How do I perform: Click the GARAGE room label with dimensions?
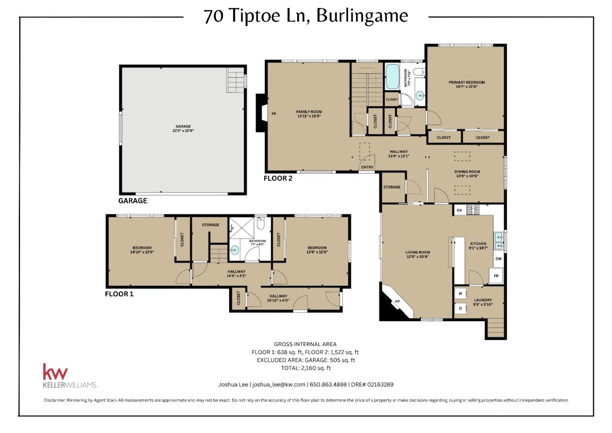click(x=183, y=128)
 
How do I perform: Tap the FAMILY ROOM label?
click(x=309, y=114)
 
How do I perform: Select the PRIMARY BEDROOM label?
click(x=467, y=84)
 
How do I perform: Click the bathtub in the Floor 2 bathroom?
click(x=392, y=77)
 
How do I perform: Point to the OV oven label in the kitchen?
click(x=459, y=211)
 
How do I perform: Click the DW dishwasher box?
click(x=498, y=259)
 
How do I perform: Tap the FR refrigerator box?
click(x=496, y=276)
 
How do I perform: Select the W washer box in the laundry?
click(x=460, y=293)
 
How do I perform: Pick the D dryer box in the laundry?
click(x=460, y=308)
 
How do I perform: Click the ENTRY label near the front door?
click(x=367, y=167)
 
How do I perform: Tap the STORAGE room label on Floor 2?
click(x=391, y=187)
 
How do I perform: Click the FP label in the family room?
click(x=274, y=114)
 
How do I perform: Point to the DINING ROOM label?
click(x=467, y=174)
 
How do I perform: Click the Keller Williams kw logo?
click(x=55, y=372)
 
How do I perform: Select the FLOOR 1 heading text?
click(x=119, y=294)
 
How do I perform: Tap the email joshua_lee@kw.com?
click(x=279, y=385)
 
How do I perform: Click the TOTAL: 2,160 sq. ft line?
click(x=306, y=368)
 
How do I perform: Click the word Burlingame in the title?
click(x=362, y=16)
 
